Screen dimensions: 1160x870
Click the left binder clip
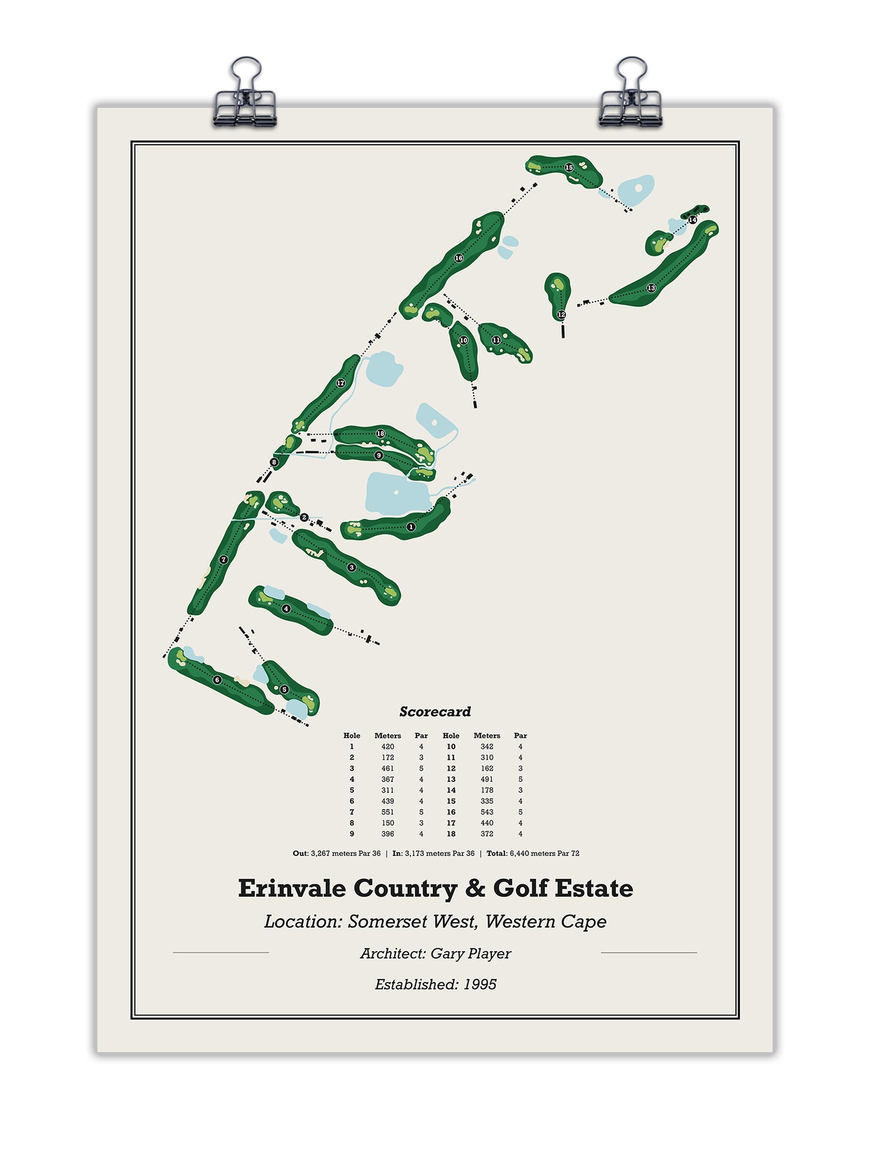(x=244, y=96)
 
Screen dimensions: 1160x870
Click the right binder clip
(x=630, y=96)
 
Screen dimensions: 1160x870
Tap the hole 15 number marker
(x=569, y=167)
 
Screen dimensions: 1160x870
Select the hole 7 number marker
(x=224, y=559)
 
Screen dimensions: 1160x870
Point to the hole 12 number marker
(x=561, y=314)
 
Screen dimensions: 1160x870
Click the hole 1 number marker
(x=411, y=527)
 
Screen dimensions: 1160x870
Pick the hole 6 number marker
(x=217, y=680)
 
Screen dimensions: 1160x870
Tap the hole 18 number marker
(x=380, y=433)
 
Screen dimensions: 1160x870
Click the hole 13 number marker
(x=651, y=288)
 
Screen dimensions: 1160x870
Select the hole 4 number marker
(x=287, y=609)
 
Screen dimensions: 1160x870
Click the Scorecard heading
(x=435, y=712)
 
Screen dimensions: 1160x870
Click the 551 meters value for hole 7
(x=388, y=812)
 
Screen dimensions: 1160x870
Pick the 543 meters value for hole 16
(x=486, y=812)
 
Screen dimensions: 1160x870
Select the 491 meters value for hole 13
(x=486, y=779)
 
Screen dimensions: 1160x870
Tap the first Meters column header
(x=388, y=736)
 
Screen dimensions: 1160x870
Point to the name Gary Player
(x=470, y=954)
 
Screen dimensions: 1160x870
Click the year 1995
(x=480, y=984)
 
